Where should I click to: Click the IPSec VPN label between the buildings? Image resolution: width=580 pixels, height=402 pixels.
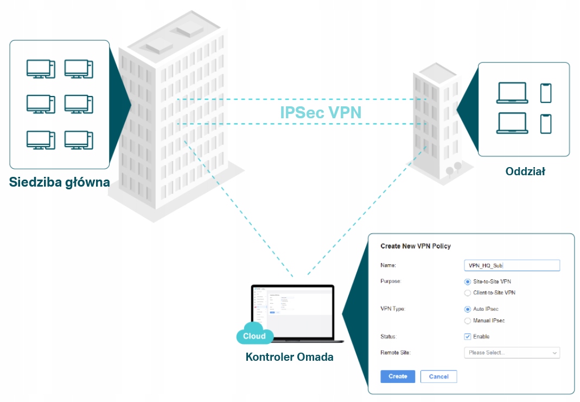coord(321,112)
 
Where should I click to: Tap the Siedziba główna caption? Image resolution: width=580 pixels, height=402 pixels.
coord(60,182)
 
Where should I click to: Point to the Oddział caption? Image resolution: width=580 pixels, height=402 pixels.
coord(525,171)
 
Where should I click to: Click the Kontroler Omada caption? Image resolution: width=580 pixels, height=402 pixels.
coord(290,356)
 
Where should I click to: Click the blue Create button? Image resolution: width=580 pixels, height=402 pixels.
coord(398,377)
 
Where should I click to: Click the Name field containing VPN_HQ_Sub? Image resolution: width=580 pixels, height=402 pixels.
coord(512,265)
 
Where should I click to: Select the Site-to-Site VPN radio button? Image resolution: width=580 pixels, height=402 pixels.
coord(468,282)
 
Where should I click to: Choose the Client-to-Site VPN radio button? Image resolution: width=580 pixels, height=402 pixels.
coord(468,292)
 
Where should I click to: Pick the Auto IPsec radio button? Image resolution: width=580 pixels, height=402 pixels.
coord(468,309)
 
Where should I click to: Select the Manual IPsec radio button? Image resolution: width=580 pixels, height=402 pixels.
coord(468,321)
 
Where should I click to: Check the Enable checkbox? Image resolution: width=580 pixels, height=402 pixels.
coord(468,336)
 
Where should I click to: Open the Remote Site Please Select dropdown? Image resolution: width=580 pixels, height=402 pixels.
coord(512,353)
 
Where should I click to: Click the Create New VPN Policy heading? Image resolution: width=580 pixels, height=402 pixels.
coord(416,246)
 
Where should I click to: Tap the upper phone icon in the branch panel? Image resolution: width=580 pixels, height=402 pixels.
coord(545,93)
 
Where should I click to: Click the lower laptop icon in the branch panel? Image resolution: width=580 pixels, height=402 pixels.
coord(512,123)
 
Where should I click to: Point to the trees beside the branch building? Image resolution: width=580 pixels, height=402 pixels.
coord(454,169)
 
